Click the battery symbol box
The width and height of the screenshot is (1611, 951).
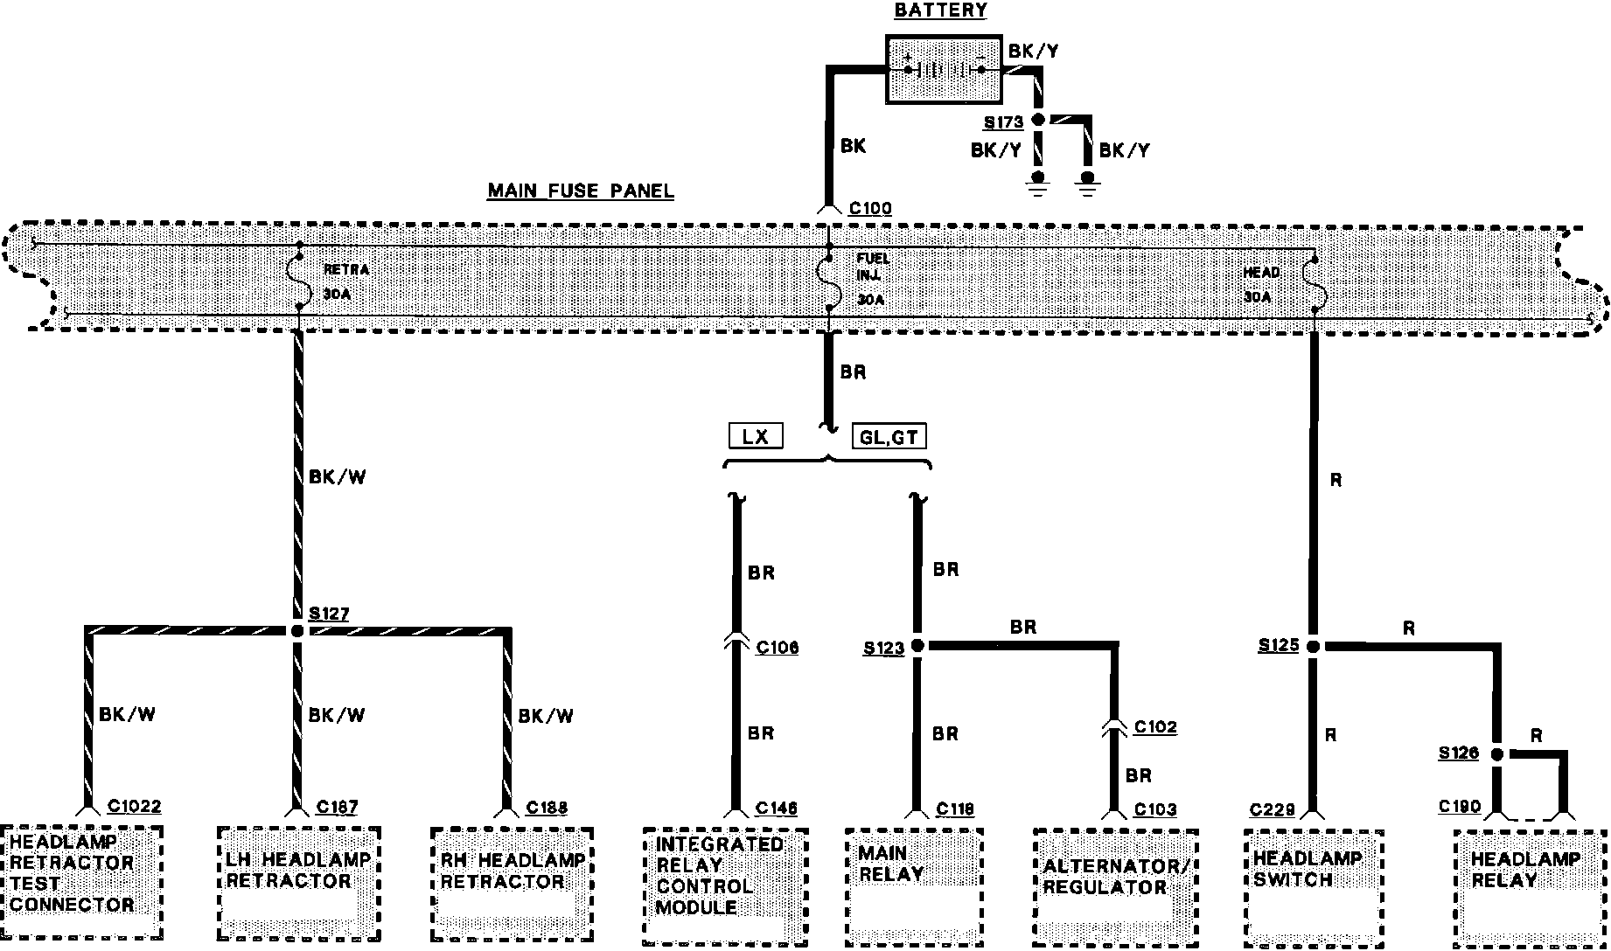(x=944, y=70)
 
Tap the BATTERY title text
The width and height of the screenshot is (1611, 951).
(x=940, y=10)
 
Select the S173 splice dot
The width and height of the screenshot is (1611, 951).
(x=1039, y=120)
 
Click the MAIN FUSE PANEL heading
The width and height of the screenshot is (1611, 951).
(x=581, y=191)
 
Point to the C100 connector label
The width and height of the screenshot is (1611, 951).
(x=870, y=208)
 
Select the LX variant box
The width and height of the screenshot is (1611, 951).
(x=756, y=436)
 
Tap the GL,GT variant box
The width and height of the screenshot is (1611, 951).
(x=889, y=436)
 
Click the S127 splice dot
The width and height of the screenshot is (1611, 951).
(x=297, y=630)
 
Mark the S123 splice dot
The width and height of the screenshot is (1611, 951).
(x=917, y=646)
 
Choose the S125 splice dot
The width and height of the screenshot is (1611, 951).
(x=1313, y=646)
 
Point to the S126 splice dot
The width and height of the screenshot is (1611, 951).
(x=1496, y=753)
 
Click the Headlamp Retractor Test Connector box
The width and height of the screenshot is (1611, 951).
(x=80, y=882)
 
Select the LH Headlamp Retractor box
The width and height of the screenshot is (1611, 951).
(x=298, y=882)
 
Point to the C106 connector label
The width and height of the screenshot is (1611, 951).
(x=778, y=648)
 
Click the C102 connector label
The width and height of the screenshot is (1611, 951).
(x=1155, y=727)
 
